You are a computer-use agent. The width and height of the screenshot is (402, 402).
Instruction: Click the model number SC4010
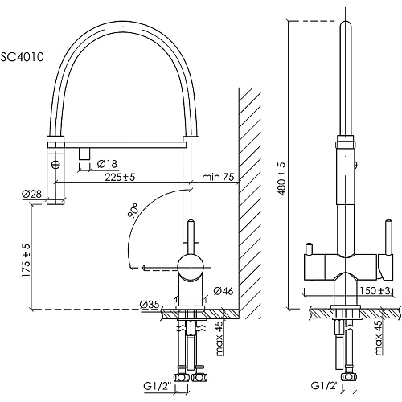(x=22, y=57)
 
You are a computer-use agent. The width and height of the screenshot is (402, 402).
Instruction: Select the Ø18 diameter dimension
(x=108, y=164)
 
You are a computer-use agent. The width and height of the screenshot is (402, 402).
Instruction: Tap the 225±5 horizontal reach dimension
(x=120, y=177)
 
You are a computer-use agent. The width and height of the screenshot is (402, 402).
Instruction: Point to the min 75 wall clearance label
(x=218, y=177)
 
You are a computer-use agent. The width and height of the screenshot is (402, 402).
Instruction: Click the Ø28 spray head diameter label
(x=32, y=194)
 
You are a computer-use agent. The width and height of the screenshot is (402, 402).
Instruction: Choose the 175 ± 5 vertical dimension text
(x=27, y=260)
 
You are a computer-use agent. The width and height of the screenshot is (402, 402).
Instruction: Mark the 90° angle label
(x=133, y=210)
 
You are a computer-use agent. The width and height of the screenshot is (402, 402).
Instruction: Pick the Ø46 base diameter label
(x=224, y=291)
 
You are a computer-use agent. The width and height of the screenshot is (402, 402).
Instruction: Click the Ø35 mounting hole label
(x=150, y=304)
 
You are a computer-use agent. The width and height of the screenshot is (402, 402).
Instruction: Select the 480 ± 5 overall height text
(x=282, y=178)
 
